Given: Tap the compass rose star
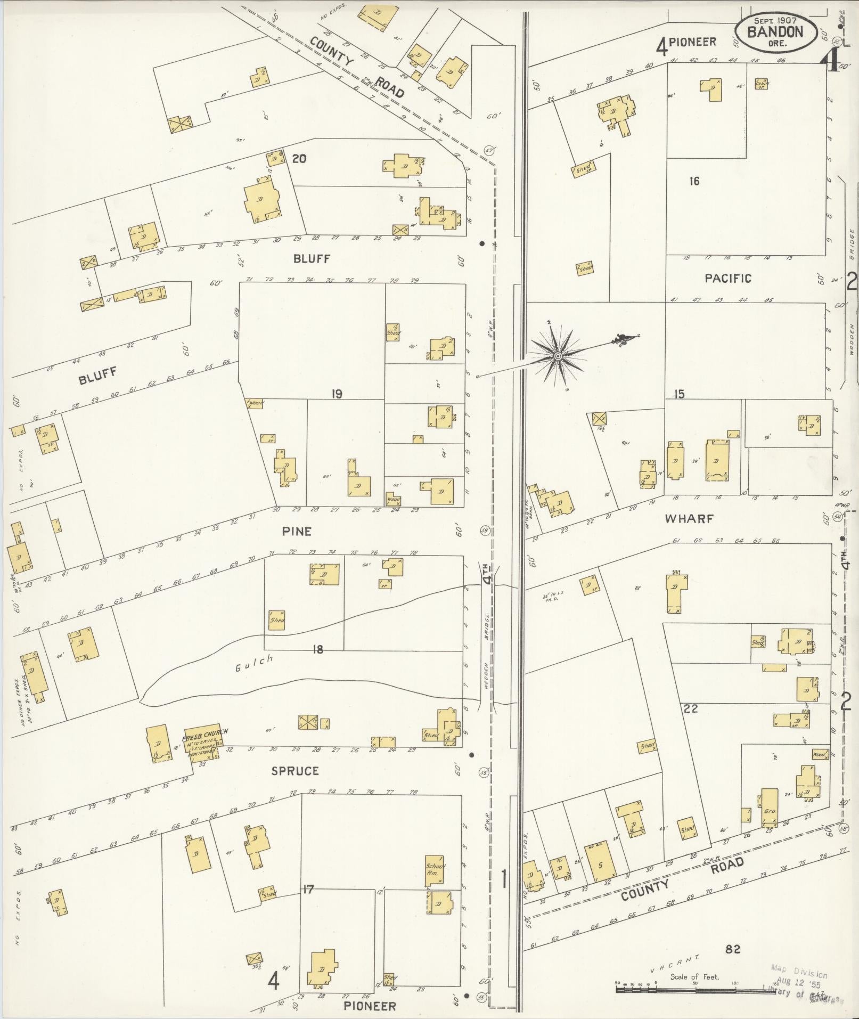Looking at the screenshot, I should [x=558, y=355].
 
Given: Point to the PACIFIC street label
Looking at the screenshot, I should [x=727, y=278].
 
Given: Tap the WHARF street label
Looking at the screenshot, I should [x=689, y=518].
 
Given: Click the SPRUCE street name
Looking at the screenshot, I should [x=295, y=771].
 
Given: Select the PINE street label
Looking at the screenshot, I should [x=298, y=531].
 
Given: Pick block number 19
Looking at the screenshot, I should [x=336, y=394].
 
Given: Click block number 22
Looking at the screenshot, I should [x=691, y=709].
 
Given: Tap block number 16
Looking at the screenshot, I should [x=694, y=182].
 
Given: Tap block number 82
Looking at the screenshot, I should [x=733, y=949].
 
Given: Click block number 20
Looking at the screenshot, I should [x=299, y=158].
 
